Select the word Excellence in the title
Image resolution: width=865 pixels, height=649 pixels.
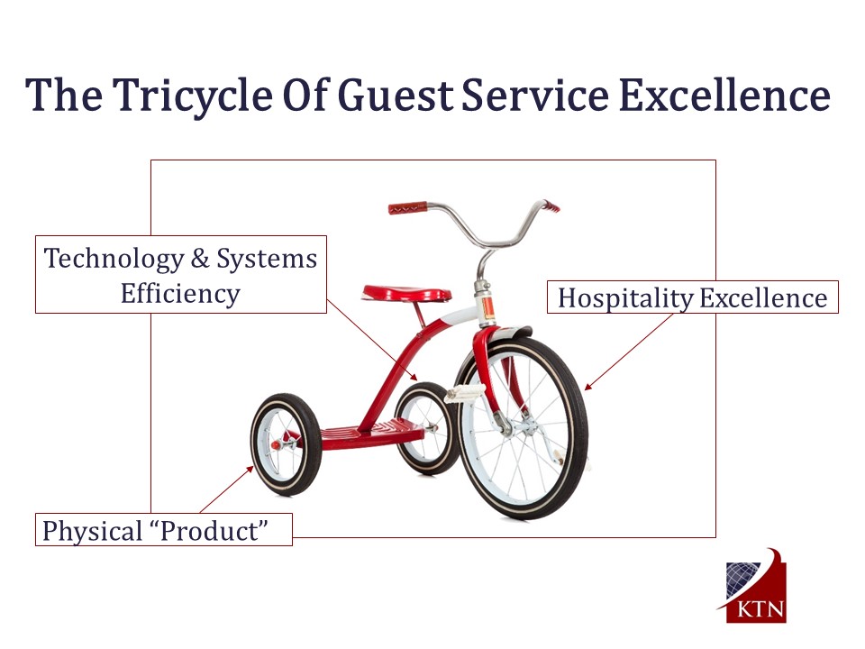[x=724, y=95]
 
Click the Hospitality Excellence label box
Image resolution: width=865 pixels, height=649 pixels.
[x=692, y=297]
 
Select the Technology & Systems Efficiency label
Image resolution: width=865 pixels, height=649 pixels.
[x=181, y=274]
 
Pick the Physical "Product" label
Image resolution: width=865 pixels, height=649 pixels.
[x=164, y=530]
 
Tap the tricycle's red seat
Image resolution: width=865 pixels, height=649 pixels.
[x=406, y=293]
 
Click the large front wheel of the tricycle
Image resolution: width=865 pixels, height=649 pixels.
[x=522, y=426]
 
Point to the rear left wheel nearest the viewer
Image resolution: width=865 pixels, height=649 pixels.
[x=286, y=444]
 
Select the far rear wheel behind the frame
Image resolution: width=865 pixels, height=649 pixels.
[x=427, y=428]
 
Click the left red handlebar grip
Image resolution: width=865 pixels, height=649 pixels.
[x=407, y=208]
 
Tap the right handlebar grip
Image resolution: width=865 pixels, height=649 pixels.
[x=551, y=206]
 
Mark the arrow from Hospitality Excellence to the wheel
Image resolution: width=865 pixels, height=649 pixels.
[x=628, y=352]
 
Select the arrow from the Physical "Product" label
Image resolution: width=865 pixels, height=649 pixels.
[x=226, y=490]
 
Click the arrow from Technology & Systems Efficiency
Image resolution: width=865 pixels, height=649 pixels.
[x=372, y=340]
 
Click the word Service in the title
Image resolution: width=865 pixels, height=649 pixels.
[x=535, y=95]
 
